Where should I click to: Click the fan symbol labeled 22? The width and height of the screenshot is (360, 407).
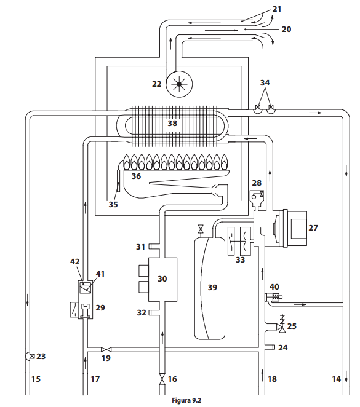coord(179,84)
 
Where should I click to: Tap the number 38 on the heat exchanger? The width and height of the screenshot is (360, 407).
coord(172,123)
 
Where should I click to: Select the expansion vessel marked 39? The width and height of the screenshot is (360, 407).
coord(210,288)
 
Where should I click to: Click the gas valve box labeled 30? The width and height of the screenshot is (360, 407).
coord(162,279)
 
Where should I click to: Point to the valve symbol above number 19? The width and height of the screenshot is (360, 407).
coord(106,349)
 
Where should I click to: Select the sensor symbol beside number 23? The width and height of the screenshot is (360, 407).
coord(30,356)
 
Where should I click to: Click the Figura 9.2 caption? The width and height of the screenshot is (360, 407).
coord(186,400)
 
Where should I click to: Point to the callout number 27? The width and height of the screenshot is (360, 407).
coord(313,227)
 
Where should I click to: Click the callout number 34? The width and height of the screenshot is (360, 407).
coord(265,82)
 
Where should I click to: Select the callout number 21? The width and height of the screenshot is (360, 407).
coord(277,9)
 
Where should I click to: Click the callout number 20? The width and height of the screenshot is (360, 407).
coord(286,29)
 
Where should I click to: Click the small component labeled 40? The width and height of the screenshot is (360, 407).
coord(273,297)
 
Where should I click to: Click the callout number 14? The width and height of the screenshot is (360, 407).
coord(336,379)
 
